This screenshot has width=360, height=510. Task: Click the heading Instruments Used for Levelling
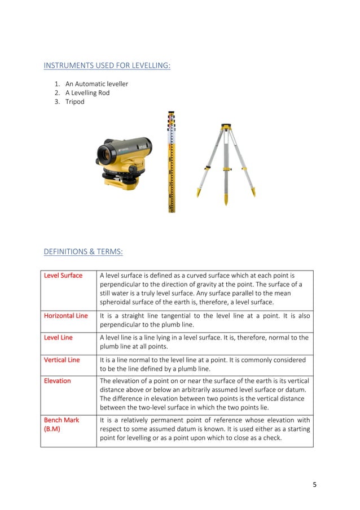(107, 66)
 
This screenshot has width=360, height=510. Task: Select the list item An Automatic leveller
(96, 84)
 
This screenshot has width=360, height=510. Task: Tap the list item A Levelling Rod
(87, 93)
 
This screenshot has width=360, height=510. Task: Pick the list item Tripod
(74, 102)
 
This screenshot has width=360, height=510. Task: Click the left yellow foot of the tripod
(199, 193)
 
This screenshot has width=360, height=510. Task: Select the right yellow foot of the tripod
(253, 192)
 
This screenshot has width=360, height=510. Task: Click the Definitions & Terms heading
(83, 251)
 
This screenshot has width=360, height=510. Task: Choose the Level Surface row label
(63, 276)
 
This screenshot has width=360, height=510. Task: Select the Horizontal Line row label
(66, 316)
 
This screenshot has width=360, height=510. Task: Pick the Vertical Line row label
(62, 360)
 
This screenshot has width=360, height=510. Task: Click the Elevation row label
(58, 381)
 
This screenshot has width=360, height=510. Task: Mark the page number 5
(315, 484)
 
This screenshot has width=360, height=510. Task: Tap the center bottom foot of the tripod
(226, 200)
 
